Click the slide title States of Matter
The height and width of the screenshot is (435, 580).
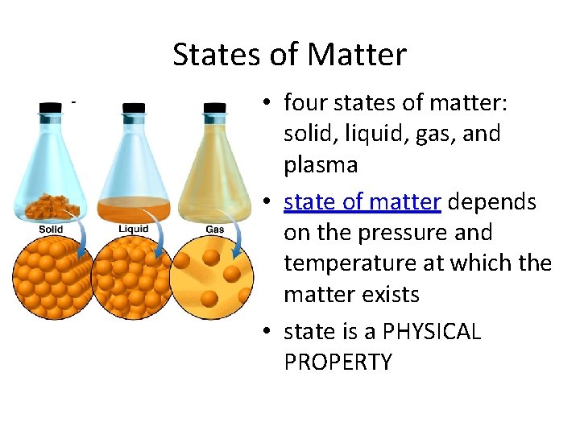pos(289,55)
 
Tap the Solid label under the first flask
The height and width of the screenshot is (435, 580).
pos(51,230)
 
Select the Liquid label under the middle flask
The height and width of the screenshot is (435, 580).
pos(133,230)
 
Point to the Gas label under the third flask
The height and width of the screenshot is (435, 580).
pos(215,230)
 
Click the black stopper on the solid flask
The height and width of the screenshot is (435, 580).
pos(51,107)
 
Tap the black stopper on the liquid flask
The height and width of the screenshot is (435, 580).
pos(133,107)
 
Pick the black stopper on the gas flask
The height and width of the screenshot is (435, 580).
pos(215,107)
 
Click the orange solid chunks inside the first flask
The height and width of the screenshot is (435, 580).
pos(50,205)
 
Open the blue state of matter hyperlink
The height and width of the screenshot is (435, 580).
pos(362,201)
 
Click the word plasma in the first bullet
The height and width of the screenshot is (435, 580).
pos(321,165)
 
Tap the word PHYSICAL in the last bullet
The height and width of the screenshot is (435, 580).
pos(432,332)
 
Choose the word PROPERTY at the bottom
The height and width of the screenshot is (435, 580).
pos(338,362)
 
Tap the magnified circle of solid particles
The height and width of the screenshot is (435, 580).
pos(50,278)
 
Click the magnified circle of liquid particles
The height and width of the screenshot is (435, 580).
pos(133,278)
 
